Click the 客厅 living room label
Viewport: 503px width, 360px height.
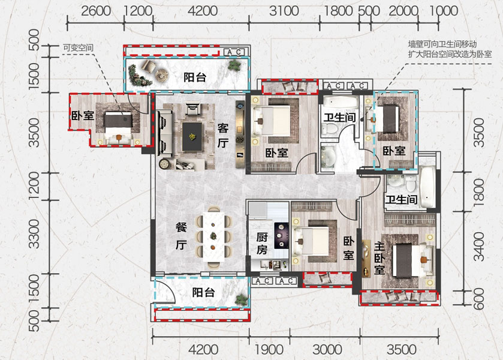pos(223,136)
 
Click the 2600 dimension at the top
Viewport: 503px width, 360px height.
pos(96,11)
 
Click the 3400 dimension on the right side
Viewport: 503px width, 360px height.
pos(478,250)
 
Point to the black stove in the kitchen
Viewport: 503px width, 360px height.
pos(280,233)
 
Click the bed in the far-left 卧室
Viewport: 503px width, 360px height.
pos(118,125)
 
